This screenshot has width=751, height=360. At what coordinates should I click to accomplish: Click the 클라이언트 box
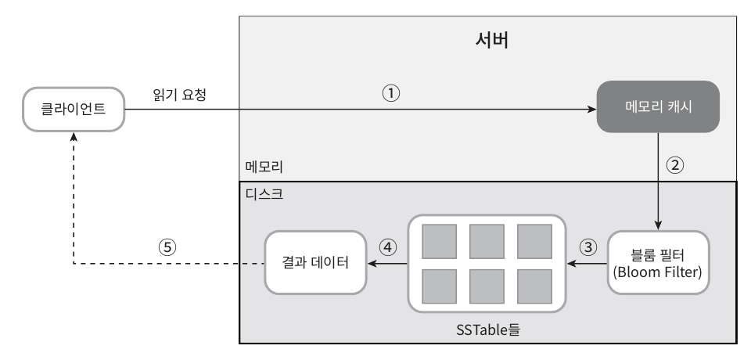tap(74, 110)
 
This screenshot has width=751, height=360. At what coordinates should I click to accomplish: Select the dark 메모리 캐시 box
tap(658, 106)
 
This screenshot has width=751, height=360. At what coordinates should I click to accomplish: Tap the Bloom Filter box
tap(658, 263)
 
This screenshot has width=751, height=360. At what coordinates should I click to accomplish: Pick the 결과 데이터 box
tap(315, 263)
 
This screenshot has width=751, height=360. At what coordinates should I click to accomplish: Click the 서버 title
tap(492, 40)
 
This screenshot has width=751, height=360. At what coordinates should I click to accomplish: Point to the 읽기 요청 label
tap(180, 95)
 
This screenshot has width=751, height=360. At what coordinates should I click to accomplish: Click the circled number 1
tap(391, 93)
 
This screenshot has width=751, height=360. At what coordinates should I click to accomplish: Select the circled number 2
tap(675, 165)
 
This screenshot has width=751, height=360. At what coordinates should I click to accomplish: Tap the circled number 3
tap(588, 247)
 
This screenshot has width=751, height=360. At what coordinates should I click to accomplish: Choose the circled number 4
tap(388, 247)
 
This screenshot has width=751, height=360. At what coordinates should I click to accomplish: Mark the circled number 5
tap(167, 247)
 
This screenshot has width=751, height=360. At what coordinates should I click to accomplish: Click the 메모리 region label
tap(264, 167)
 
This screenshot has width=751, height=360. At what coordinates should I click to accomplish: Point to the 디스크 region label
tap(264, 194)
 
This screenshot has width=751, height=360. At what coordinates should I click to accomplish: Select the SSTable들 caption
tap(488, 329)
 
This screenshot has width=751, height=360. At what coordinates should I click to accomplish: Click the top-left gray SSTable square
tap(439, 241)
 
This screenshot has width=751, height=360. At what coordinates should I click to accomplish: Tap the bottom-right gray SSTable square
tap(534, 286)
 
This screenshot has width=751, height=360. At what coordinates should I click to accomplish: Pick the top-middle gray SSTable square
tap(487, 241)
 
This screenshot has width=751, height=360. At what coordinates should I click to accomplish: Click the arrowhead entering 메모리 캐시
tap(592, 110)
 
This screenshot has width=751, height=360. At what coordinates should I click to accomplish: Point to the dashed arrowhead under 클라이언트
tap(74, 137)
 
